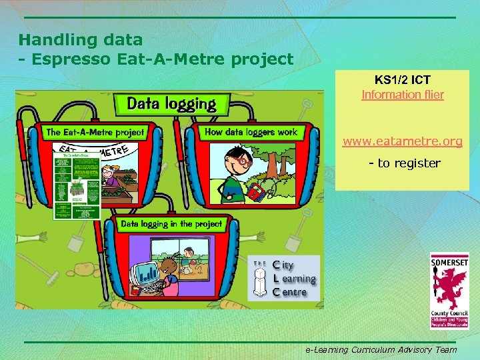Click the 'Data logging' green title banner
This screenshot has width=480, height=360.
coord(171,104)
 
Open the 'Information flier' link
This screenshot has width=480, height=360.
coord(402,95)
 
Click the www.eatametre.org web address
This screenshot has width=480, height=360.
coord(402,142)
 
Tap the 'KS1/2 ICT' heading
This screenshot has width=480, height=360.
coord(402,81)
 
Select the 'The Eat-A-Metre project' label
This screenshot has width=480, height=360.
coord(95,132)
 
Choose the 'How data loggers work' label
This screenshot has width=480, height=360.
coord(251,132)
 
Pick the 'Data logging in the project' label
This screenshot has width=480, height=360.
coord(171,224)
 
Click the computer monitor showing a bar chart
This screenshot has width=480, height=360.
coord(145,274)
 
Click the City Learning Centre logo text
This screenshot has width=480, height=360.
coord(293,278)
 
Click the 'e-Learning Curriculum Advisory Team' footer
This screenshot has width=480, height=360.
coord(381,349)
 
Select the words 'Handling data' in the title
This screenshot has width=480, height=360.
coord(80,40)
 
